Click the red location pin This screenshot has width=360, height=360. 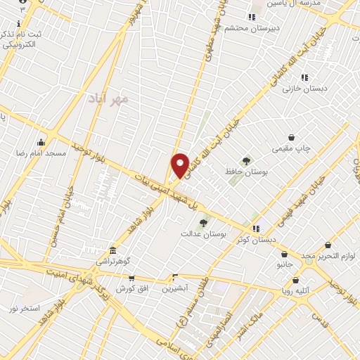(x=180, y=165)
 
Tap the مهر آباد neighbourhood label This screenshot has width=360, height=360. (x=108, y=99)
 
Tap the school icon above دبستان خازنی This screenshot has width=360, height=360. (x=304, y=78)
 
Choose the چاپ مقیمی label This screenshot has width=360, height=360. (x=292, y=148)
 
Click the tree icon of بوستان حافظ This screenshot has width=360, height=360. (x=246, y=161)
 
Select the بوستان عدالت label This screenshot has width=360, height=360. (x=204, y=233)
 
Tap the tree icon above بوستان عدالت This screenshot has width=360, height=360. (x=203, y=222)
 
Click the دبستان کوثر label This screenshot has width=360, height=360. (x=256, y=239)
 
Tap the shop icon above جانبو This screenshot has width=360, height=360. (x=284, y=255)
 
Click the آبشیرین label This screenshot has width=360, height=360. (x=176, y=288)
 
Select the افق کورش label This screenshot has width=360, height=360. (x=131, y=288)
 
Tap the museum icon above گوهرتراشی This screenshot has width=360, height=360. (x=113, y=250)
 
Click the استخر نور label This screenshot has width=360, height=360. (x=25, y=309)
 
